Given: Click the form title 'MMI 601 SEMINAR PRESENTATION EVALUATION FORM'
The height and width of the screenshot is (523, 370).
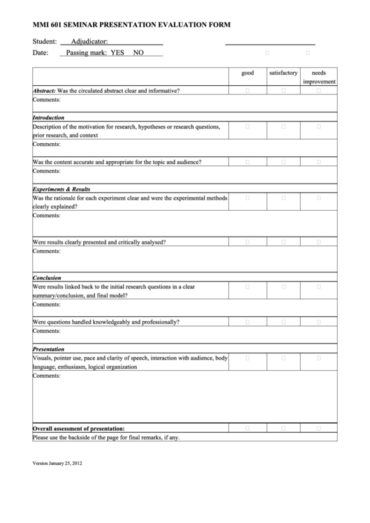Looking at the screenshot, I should tap(131, 24).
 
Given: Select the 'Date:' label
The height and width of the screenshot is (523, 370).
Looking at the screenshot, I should tap(40, 52).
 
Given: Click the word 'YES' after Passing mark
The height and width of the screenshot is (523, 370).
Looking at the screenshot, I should tap(117, 52).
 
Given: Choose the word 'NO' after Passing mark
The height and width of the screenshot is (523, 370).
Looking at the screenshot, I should tap(138, 52).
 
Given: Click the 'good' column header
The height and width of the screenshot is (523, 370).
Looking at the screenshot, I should tap(248, 73).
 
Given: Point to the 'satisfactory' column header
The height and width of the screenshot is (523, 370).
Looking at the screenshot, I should tap(283, 73).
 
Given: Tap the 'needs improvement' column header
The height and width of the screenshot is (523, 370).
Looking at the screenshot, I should tap(318, 77).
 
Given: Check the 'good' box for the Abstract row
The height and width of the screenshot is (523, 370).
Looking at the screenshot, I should tap(248, 91).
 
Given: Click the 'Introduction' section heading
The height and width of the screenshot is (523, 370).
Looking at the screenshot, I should tap(48, 117).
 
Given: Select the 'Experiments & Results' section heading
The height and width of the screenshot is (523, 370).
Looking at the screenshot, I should tap(61, 189).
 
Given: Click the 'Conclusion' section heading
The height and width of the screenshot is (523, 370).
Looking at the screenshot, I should tap(47, 277).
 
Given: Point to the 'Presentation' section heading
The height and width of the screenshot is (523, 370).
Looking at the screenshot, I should tap(48, 348).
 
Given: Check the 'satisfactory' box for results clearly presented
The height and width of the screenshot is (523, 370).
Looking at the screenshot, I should tap(283, 242).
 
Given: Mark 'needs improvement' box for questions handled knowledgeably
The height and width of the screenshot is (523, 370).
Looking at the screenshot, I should tap(318, 322).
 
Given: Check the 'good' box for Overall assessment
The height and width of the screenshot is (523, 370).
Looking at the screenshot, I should tap(248, 428).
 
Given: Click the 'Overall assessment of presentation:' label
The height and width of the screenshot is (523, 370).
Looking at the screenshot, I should tap(79, 428).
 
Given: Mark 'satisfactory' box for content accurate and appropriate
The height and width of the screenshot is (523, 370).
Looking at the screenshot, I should tap(283, 162).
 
